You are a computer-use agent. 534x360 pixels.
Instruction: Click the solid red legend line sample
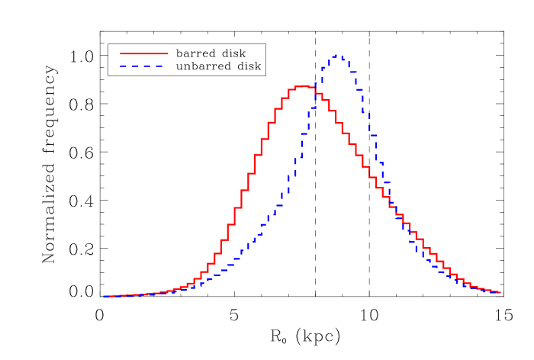click(x=143, y=53)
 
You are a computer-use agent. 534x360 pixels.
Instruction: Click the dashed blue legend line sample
click(x=142, y=66)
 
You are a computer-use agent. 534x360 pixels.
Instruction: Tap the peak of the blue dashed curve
click(x=338, y=56)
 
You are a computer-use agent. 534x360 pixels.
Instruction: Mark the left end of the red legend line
click(x=121, y=53)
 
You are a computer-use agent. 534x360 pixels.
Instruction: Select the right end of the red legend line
click(x=168, y=53)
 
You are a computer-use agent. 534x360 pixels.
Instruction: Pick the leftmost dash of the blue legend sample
click(x=124, y=66)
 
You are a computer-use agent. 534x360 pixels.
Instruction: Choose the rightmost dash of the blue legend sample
click(x=159, y=66)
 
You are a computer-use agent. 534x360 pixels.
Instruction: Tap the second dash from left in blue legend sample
click(x=135, y=66)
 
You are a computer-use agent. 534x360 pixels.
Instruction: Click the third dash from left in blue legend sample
click(x=147, y=66)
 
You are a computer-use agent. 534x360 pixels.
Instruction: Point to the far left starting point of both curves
click(x=105, y=296)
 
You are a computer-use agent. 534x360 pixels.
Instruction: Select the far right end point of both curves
click(x=500, y=292)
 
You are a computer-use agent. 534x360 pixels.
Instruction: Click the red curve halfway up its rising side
click(x=246, y=191)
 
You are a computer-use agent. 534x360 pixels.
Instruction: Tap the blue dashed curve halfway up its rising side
click(x=298, y=175)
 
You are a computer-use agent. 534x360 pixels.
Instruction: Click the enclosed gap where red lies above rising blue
click(x=267, y=183)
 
